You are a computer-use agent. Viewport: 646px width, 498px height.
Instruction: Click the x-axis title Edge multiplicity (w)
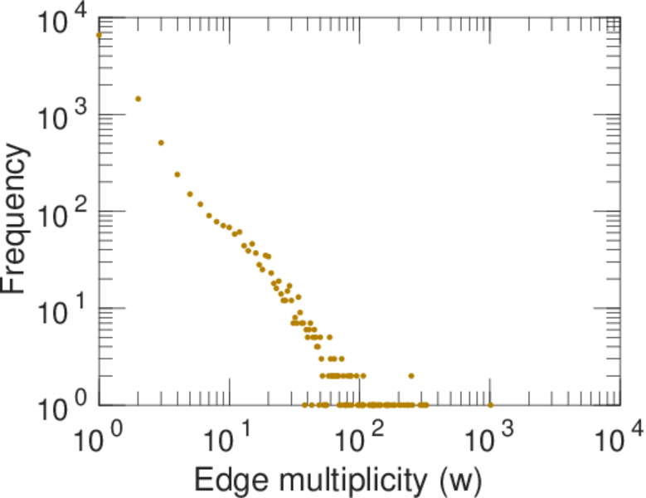click(338, 479)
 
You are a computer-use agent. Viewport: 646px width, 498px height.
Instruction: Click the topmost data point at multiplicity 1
click(99, 35)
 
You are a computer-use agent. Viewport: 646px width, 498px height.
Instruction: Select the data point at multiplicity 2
click(138, 99)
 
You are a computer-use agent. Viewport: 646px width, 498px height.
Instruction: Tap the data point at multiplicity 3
click(161, 143)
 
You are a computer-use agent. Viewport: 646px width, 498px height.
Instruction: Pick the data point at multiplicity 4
click(177, 174)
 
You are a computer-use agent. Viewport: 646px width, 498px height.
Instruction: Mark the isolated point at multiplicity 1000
click(490, 405)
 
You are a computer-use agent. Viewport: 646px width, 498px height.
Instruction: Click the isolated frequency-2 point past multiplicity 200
click(411, 376)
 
